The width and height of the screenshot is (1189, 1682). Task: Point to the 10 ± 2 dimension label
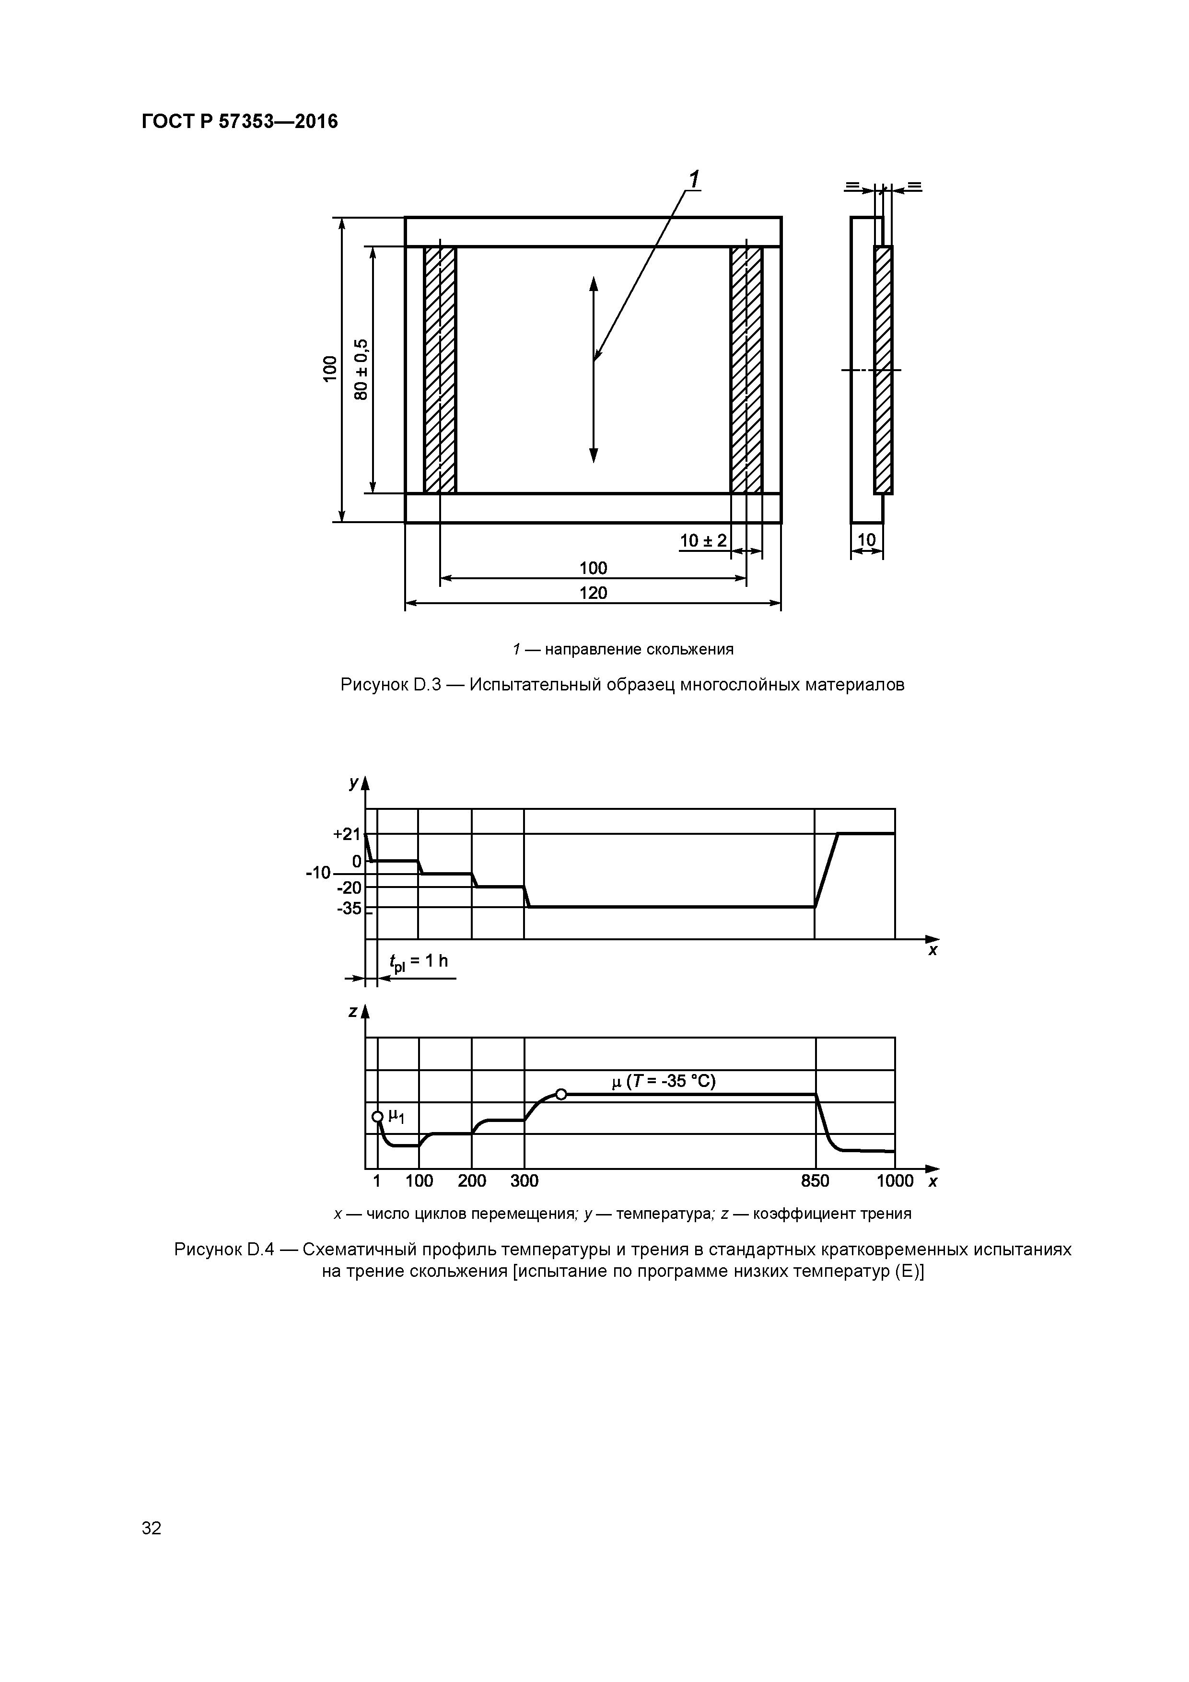(702, 541)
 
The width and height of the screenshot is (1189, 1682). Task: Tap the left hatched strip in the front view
(440, 370)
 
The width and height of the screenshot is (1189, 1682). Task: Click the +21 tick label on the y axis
(347, 834)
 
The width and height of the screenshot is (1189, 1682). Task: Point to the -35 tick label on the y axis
(349, 909)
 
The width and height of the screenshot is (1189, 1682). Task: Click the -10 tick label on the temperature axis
(319, 873)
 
